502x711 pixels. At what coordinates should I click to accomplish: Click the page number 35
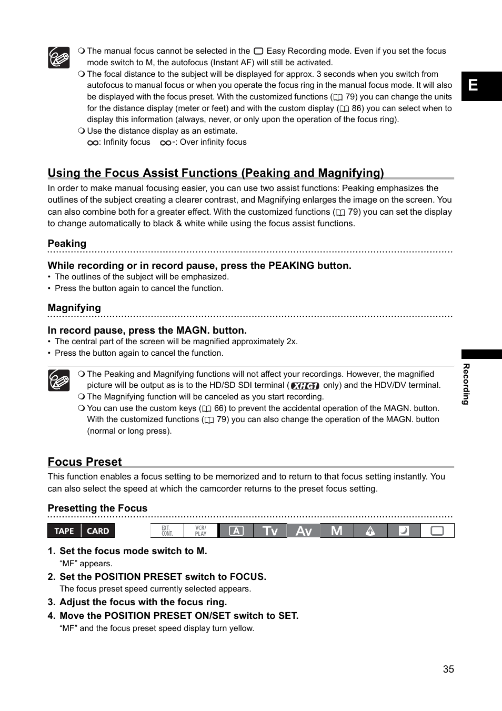click(448, 669)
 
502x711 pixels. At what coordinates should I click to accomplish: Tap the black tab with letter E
click(481, 86)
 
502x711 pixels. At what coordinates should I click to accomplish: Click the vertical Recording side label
click(466, 384)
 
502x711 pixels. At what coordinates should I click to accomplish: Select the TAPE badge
click(64, 531)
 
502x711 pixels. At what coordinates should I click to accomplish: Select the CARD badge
click(98, 531)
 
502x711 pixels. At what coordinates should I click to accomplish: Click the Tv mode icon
click(270, 531)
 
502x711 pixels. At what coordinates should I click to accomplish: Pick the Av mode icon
click(304, 531)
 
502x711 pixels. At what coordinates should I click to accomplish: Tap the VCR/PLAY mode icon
click(200, 531)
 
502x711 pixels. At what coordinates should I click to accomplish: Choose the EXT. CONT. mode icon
click(167, 531)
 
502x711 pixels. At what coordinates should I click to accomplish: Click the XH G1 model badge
click(305, 386)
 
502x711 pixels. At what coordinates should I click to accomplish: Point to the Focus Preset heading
click(85, 462)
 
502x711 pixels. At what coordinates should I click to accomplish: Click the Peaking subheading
click(67, 243)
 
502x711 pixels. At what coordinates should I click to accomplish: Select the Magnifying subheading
click(74, 308)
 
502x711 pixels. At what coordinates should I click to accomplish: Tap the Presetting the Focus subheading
click(97, 508)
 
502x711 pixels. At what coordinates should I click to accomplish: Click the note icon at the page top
click(59, 57)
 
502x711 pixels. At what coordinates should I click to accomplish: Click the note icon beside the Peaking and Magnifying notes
click(59, 380)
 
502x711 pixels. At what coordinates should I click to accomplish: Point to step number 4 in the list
click(51, 616)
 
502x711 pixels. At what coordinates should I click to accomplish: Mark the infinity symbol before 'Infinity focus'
click(93, 143)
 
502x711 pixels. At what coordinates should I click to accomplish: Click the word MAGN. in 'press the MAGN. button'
click(193, 331)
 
